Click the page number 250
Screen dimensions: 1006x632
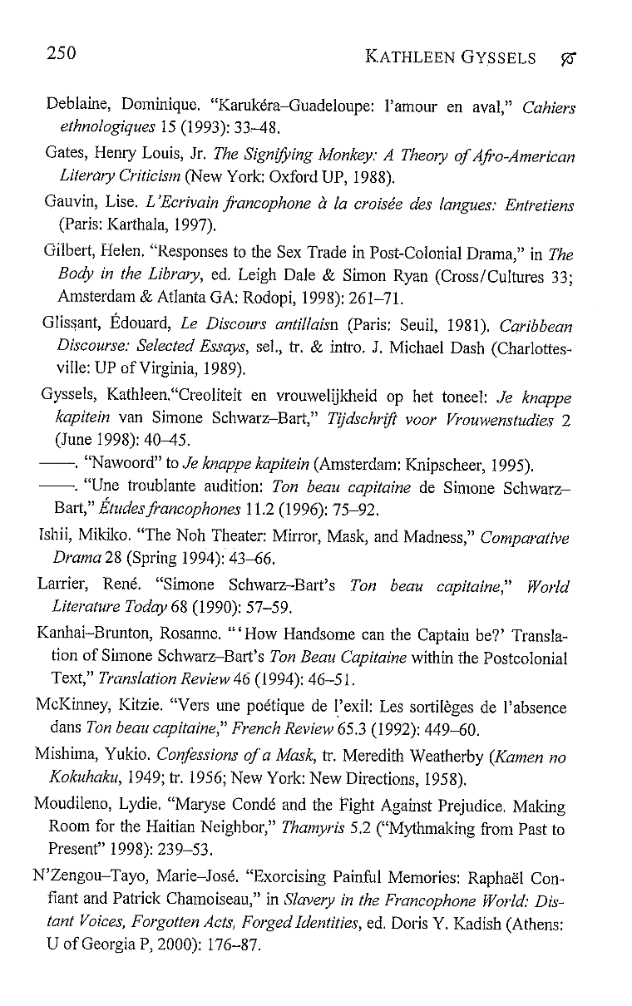pyautogui.click(x=61, y=55)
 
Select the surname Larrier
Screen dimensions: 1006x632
pyautogui.click(x=63, y=587)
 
